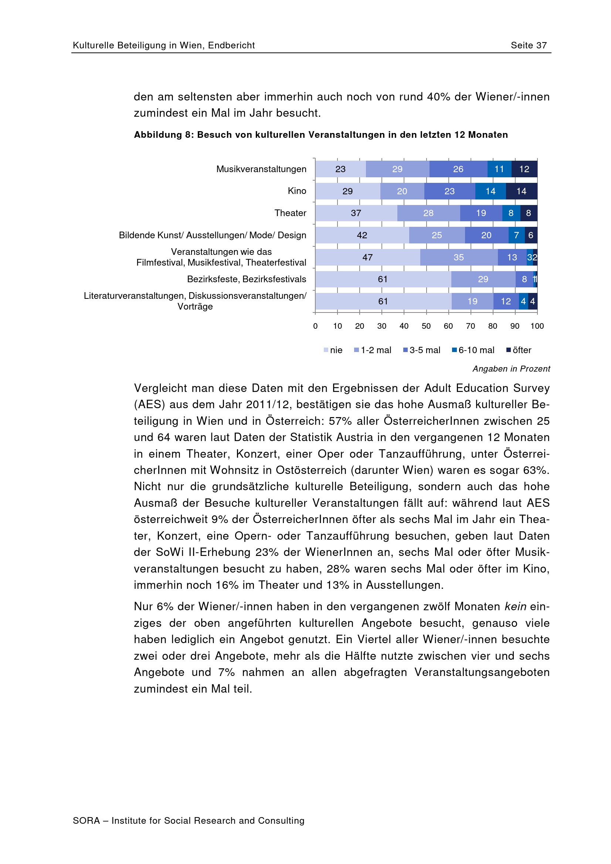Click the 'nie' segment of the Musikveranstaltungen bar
(340, 169)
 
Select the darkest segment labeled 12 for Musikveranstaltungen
(524, 169)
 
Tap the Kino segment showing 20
(402, 191)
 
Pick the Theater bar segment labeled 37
(356, 213)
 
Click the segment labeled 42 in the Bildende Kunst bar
(362, 235)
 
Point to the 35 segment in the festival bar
(459, 257)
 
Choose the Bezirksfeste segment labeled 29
(483, 279)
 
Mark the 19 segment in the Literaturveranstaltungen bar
(472, 301)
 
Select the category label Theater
(290, 213)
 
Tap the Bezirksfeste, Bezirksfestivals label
(247, 279)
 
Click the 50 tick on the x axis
(426, 326)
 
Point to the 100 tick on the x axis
(537, 326)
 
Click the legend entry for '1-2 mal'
(373, 350)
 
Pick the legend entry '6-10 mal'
(473, 350)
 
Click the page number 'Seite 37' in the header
(528, 45)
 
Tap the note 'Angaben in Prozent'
(511, 369)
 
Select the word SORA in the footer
(86, 821)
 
